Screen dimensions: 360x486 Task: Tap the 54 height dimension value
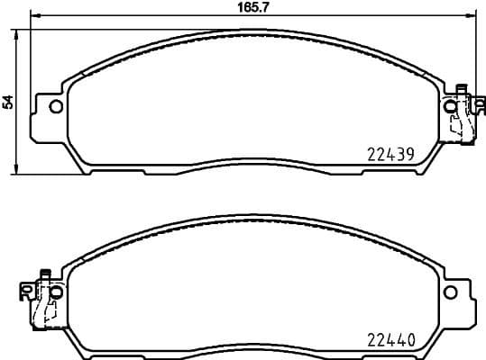[8, 102]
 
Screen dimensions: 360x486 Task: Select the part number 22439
[390, 154]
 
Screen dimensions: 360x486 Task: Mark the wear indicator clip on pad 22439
[461, 117]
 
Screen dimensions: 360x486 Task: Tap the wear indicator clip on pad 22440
[41, 301]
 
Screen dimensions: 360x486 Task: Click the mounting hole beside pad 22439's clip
[451, 106]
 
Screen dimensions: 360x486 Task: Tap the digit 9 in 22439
[410, 154]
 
